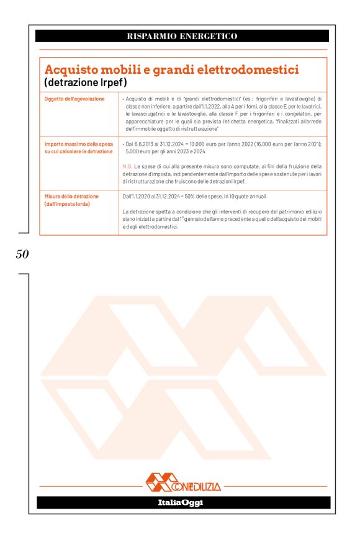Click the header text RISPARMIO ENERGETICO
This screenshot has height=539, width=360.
(182, 36)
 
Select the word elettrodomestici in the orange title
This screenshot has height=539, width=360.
(248, 69)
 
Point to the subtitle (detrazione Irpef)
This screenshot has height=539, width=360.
(86, 82)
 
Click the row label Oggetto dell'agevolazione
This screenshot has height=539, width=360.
(74, 99)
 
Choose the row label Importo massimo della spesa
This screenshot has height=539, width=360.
(78, 143)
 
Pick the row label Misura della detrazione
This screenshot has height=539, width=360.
(71, 196)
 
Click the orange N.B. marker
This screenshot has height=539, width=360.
(128, 166)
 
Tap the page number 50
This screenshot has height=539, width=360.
(22, 254)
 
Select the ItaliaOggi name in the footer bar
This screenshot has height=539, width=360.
(180, 502)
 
